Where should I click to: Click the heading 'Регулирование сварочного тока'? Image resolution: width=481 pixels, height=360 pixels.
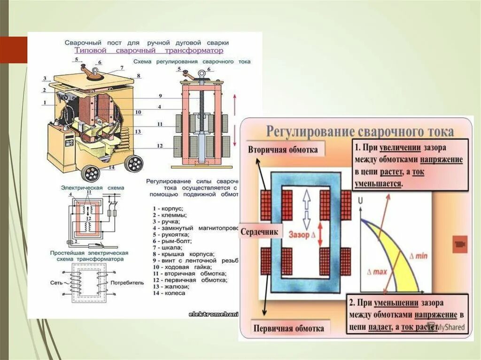(360, 130)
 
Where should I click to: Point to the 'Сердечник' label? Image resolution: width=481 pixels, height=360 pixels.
(260, 232)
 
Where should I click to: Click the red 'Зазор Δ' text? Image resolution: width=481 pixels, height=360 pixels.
(302, 233)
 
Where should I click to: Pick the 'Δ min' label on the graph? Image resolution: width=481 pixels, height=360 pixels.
(418, 256)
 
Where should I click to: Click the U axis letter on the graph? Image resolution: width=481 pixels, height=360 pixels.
(360, 202)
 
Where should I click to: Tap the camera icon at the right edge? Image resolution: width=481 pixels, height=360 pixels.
(458, 244)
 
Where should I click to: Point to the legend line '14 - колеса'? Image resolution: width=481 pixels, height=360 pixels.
(169, 293)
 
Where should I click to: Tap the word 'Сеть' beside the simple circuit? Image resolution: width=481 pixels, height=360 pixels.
(56, 283)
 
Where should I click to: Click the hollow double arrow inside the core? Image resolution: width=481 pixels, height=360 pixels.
(306, 207)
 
